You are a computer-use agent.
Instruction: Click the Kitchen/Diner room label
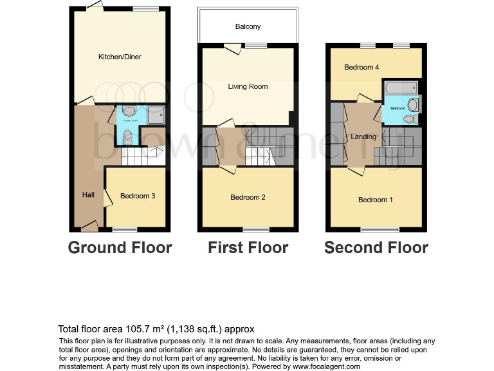120,57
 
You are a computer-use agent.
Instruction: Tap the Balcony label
248,27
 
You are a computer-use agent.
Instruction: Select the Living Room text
248,86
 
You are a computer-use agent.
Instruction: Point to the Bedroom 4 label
361,67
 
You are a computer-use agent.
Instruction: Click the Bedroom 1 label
376,200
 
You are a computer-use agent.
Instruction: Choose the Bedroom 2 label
248,197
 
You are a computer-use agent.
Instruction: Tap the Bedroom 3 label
138,196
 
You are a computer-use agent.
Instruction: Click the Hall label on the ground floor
88,195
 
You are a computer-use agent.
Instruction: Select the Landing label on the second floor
363,137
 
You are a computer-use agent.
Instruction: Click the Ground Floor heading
120,248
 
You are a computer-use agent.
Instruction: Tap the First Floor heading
248,248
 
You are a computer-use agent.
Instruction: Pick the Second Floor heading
376,248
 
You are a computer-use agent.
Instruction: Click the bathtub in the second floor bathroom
400,88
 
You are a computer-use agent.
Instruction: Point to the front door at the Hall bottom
89,225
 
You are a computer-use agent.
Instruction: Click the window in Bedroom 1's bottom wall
376,229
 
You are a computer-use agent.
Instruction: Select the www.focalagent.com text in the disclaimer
325,366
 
